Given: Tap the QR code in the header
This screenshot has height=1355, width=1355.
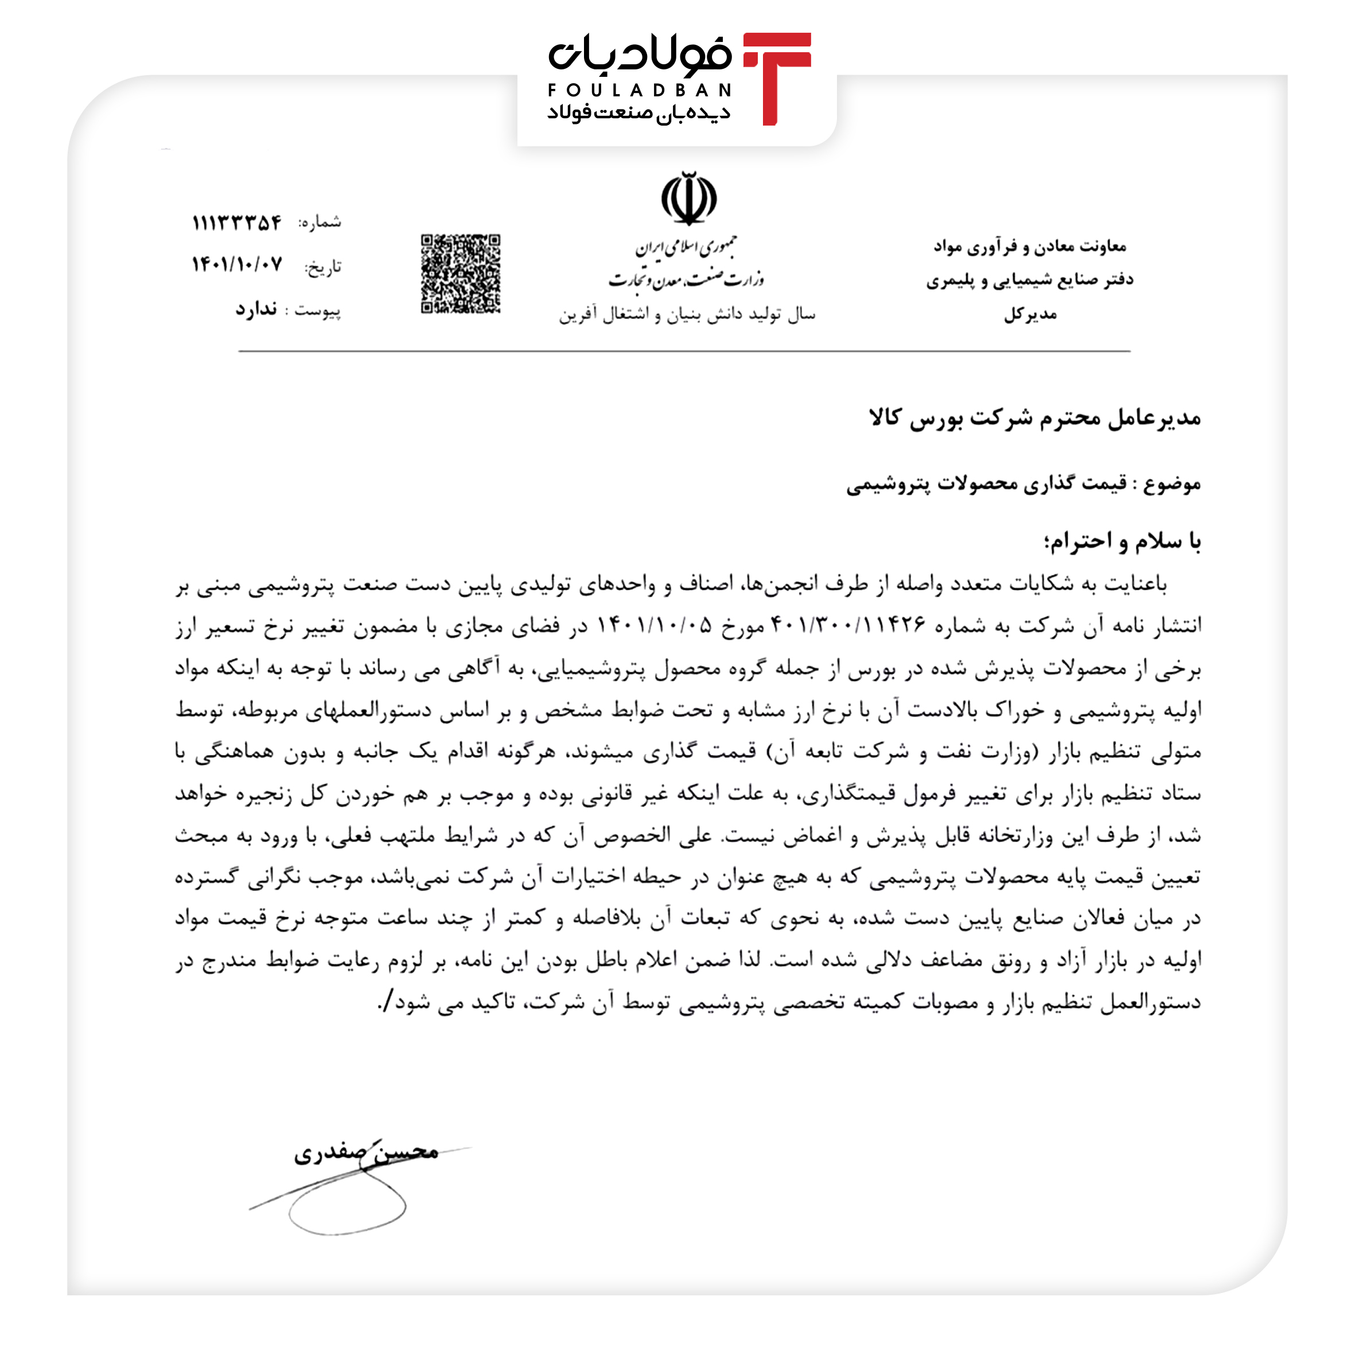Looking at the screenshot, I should (x=460, y=274).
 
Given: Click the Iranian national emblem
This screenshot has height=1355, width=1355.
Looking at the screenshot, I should (x=689, y=198).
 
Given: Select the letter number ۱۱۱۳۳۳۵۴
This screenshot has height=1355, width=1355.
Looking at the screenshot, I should (x=237, y=223).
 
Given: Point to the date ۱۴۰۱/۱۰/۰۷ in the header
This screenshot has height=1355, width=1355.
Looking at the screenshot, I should (x=237, y=265).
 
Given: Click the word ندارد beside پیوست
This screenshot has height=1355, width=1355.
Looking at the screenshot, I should (x=256, y=309).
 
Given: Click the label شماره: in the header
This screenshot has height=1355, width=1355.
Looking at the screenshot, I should (x=320, y=223).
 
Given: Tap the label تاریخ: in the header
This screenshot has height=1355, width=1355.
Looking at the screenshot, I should (x=322, y=267).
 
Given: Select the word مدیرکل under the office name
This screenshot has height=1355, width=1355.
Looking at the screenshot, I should (x=1030, y=314).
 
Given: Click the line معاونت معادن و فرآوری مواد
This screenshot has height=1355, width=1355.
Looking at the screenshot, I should (x=1030, y=246).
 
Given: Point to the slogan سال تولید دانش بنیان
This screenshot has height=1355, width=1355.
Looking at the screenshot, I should (x=687, y=314).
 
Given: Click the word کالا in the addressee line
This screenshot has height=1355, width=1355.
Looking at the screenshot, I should (x=885, y=418).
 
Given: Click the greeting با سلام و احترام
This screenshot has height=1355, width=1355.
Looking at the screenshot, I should (x=1122, y=541).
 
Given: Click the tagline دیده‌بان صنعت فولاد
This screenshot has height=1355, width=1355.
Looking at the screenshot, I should (x=639, y=113).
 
